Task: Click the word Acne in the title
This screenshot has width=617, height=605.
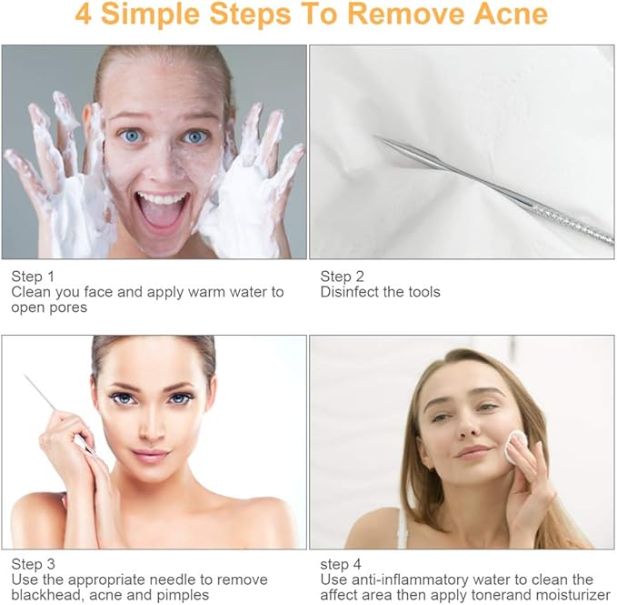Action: pyautogui.click(x=511, y=14)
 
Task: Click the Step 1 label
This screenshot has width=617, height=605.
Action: pyautogui.click(x=33, y=277)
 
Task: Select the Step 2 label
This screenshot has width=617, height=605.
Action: pyautogui.click(x=342, y=277)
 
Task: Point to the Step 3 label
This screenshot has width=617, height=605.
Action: pyautogui.click(x=33, y=564)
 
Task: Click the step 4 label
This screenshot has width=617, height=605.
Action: pyautogui.click(x=341, y=564)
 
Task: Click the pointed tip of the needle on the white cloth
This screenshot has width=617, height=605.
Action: pyautogui.click(x=373, y=136)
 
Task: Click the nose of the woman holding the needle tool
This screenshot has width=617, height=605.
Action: pyautogui.click(x=152, y=429)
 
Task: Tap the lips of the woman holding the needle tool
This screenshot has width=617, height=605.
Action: pyautogui.click(x=151, y=456)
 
